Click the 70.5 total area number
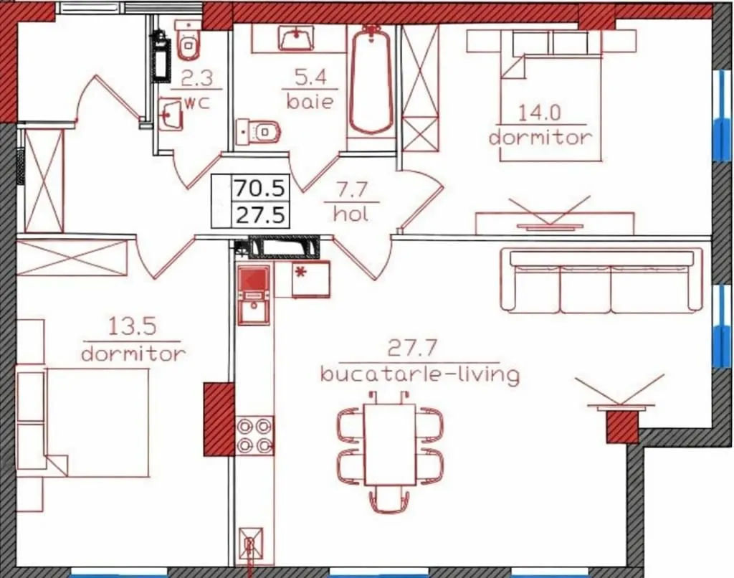click(x=259, y=188)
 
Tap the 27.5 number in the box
click(x=260, y=215)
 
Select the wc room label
click(x=197, y=103)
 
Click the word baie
click(x=310, y=102)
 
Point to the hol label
click(x=351, y=214)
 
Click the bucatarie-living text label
click(x=420, y=375)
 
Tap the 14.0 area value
click(x=539, y=113)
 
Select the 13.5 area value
click(x=132, y=326)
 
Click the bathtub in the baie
click(x=371, y=80)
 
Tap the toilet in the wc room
click(x=189, y=40)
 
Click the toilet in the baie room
click(x=258, y=132)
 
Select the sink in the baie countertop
click(x=296, y=37)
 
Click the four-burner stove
click(x=254, y=436)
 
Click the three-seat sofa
click(x=601, y=280)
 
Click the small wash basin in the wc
click(x=171, y=114)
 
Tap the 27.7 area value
click(x=412, y=349)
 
